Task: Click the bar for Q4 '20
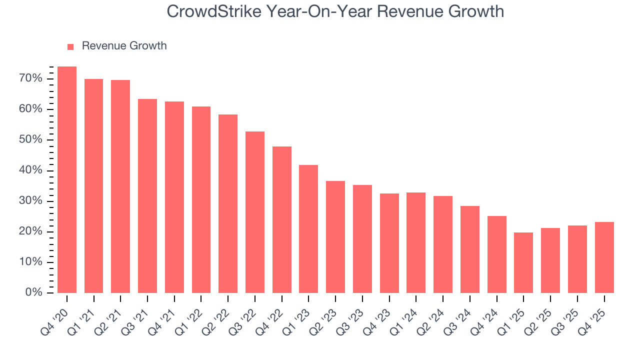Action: (67, 180)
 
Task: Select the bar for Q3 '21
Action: (147, 196)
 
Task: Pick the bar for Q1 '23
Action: (308, 229)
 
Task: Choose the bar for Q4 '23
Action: (389, 243)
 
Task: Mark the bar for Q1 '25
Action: (523, 262)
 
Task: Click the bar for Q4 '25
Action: (604, 257)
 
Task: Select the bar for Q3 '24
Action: (470, 249)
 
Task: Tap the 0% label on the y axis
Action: (33, 292)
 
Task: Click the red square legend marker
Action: (70, 46)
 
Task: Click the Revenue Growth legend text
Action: (124, 46)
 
